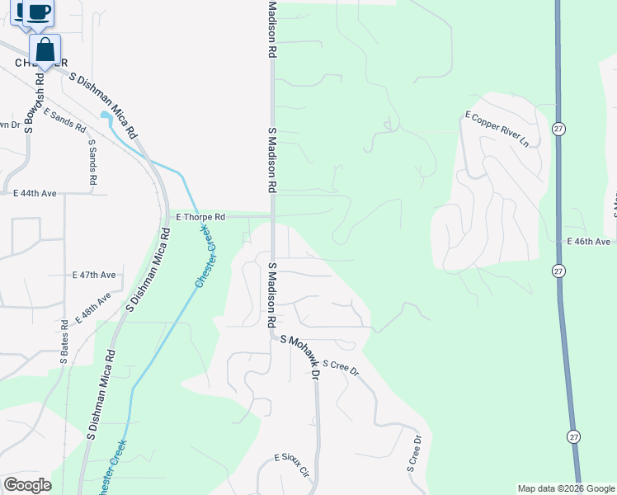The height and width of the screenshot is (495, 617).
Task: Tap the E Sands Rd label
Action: tap(64, 121)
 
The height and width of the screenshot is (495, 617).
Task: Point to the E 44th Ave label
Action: tap(35, 193)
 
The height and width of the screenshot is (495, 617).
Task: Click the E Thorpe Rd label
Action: tap(200, 217)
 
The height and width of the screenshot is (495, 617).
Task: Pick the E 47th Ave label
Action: tap(94, 274)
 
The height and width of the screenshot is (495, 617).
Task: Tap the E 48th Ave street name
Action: tap(92, 308)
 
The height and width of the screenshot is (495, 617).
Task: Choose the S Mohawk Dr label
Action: tap(299, 355)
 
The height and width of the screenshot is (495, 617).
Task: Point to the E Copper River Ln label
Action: tap(497, 129)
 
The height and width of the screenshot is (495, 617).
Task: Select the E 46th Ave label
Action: tap(588, 242)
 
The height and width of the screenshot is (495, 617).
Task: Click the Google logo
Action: tap(27, 485)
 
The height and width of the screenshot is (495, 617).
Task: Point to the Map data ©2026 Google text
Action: tap(566, 488)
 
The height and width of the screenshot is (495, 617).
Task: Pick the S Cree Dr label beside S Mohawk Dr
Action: tap(341, 367)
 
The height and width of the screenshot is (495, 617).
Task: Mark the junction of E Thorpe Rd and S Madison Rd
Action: tap(271, 216)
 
